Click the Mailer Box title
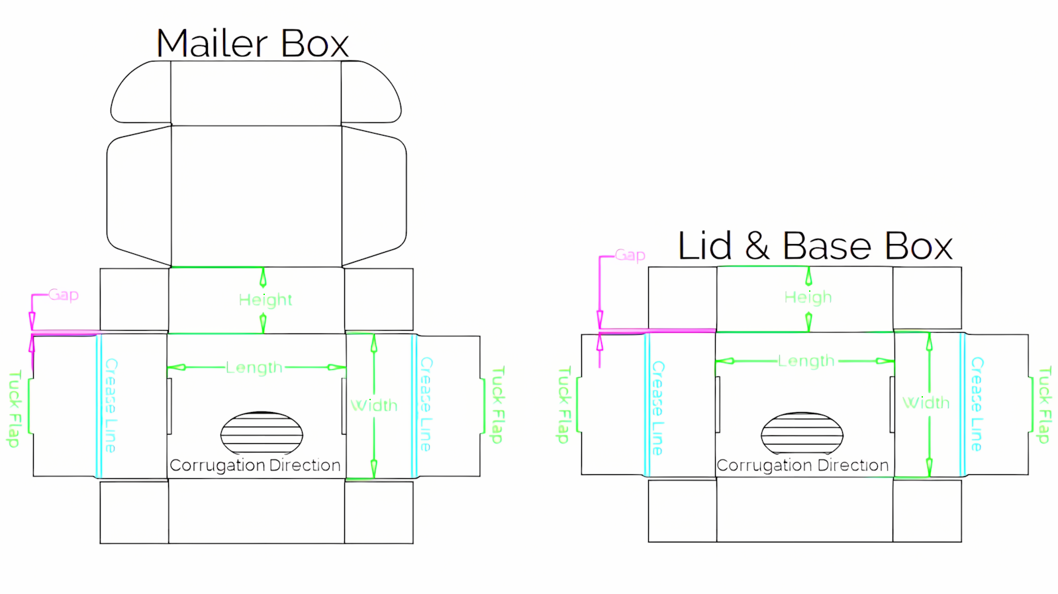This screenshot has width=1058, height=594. coord(253,43)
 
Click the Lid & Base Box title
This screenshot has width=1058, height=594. coord(815,245)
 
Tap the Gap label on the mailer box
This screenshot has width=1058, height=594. coord(64,296)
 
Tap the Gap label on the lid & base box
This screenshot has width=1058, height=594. coord(630,256)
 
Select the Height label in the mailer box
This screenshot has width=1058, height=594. coord(265,300)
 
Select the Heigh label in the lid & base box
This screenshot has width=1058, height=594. coord(808,297)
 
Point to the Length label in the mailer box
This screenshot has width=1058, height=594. coord(254,368)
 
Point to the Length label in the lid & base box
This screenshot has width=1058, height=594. coord(806,361)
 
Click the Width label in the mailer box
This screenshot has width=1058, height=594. coord(374,405)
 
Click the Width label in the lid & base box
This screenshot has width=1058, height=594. coord(926,403)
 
